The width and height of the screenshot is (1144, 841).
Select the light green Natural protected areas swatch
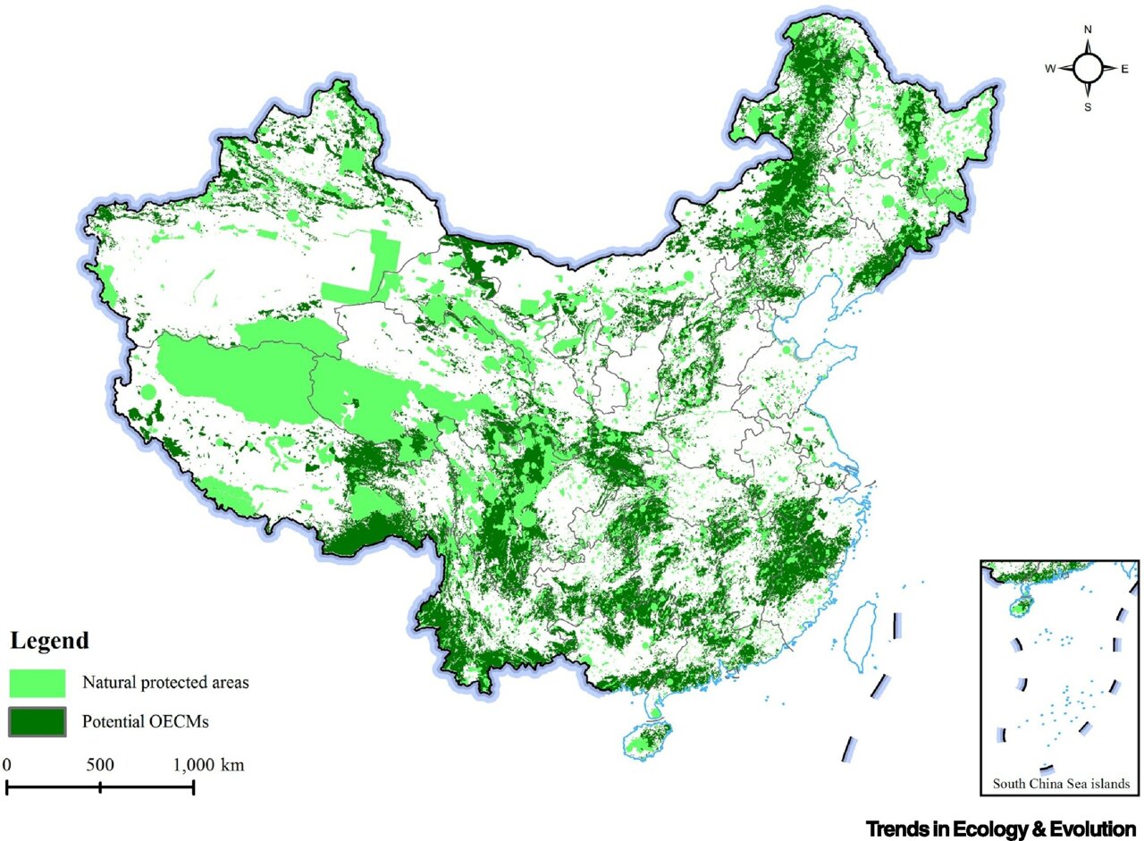click(x=38, y=683)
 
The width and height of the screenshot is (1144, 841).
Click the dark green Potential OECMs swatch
click(x=38, y=721)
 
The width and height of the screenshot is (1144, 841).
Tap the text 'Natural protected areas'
click(x=165, y=683)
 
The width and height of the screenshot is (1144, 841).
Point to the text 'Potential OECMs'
click(x=145, y=721)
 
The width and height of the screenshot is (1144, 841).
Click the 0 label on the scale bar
click(x=7, y=765)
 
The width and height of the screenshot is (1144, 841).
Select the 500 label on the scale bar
click(x=100, y=765)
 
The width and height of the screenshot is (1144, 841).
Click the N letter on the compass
click(x=1088, y=29)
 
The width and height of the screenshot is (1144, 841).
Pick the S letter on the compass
click(x=1088, y=107)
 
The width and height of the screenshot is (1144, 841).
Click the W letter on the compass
click(x=1051, y=68)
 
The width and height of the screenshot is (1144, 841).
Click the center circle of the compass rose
click(x=1088, y=68)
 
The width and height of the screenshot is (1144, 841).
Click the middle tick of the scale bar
click(x=100, y=786)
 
